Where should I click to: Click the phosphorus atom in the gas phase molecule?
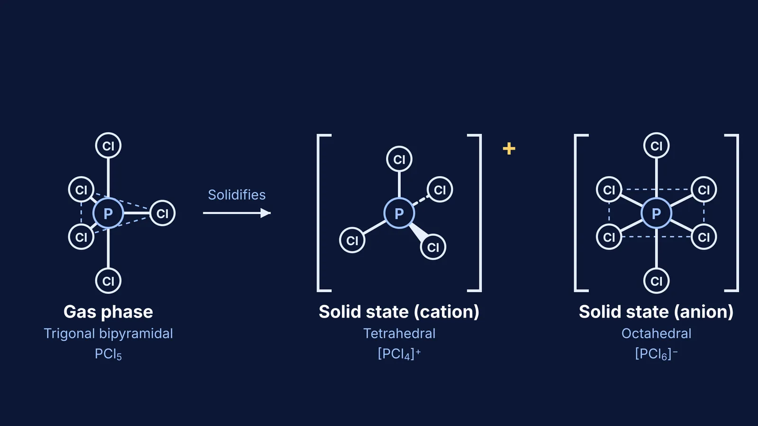[x=108, y=213]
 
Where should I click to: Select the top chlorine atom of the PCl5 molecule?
[x=108, y=145]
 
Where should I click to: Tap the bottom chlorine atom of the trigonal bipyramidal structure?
[x=108, y=281]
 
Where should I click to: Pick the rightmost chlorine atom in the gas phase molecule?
[x=162, y=213]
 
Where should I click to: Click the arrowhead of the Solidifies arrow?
[x=266, y=213]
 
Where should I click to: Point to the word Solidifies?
[x=236, y=195]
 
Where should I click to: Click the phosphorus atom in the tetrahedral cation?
[x=399, y=213]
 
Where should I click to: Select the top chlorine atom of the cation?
[x=399, y=159]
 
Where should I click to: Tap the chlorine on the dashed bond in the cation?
[x=440, y=189]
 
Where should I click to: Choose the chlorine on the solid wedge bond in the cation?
[x=433, y=247]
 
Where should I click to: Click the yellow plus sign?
[x=509, y=149]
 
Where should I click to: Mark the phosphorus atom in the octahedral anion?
[x=657, y=213]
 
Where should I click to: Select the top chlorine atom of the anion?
[x=657, y=145]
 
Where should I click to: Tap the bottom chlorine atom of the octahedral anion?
[x=657, y=281]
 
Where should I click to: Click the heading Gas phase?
[x=108, y=312]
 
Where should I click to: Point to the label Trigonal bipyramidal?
[x=108, y=334]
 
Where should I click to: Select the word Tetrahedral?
[x=399, y=334]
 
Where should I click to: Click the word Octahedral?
[x=657, y=334]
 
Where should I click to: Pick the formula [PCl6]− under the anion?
[x=657, y=354]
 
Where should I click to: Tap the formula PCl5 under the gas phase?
[x=108, y=354]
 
